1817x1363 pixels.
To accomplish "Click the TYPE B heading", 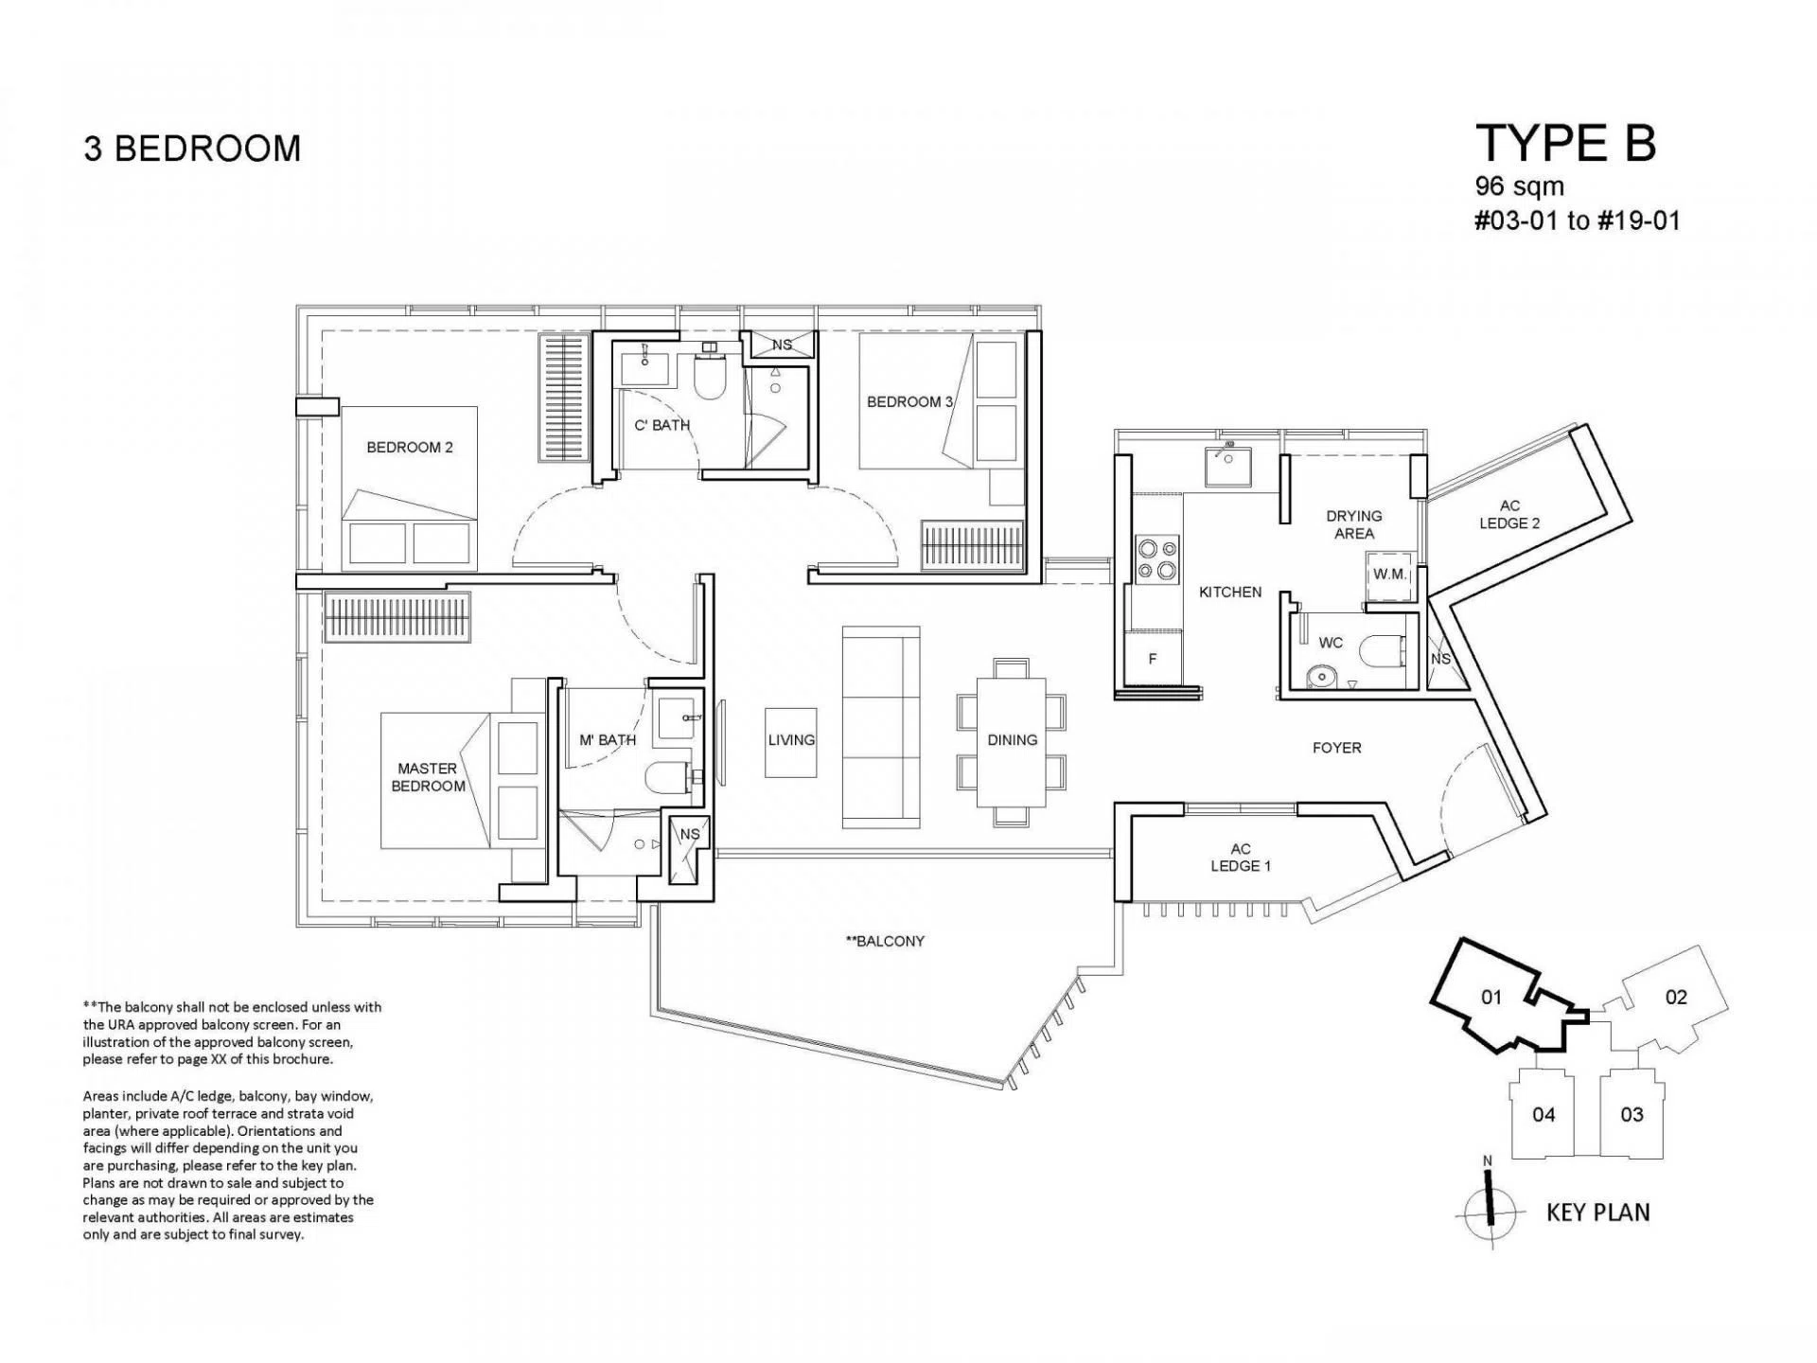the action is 1565,144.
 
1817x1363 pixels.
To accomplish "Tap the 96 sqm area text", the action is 1520,186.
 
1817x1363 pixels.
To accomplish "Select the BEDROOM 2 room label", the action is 410,447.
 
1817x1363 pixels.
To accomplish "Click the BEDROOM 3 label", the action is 909,401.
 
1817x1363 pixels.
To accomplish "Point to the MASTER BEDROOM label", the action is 428,777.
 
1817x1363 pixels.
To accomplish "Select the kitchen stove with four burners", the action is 1157,558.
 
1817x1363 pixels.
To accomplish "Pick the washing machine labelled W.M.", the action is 1389,575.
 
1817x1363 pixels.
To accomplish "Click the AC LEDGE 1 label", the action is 1241,858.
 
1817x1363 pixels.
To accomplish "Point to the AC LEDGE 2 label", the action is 1509,515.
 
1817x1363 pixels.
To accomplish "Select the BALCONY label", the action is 885,941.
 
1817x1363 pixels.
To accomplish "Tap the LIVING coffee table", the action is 791,742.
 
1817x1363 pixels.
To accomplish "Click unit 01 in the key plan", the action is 1492,997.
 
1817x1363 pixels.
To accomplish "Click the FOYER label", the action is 1337,748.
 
